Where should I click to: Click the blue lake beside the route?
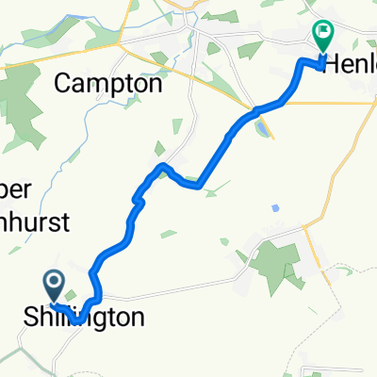(x=256, y=122)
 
